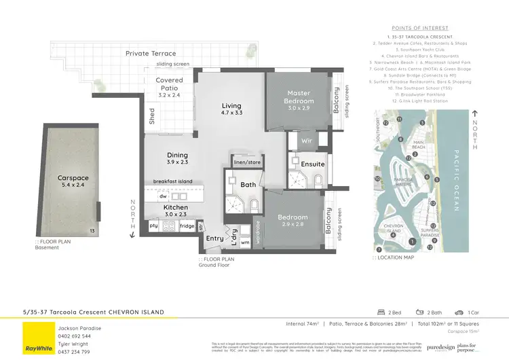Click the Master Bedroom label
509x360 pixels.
[x=299, y=97]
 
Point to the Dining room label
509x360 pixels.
[x=177, y=155]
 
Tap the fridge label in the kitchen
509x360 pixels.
[x=187, y=226]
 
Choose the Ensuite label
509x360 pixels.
[x=313, y=164]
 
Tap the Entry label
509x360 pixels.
[x=214, y=238]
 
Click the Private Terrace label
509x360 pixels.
[x=150, y=54]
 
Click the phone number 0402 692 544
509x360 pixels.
[x=73, y=336]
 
